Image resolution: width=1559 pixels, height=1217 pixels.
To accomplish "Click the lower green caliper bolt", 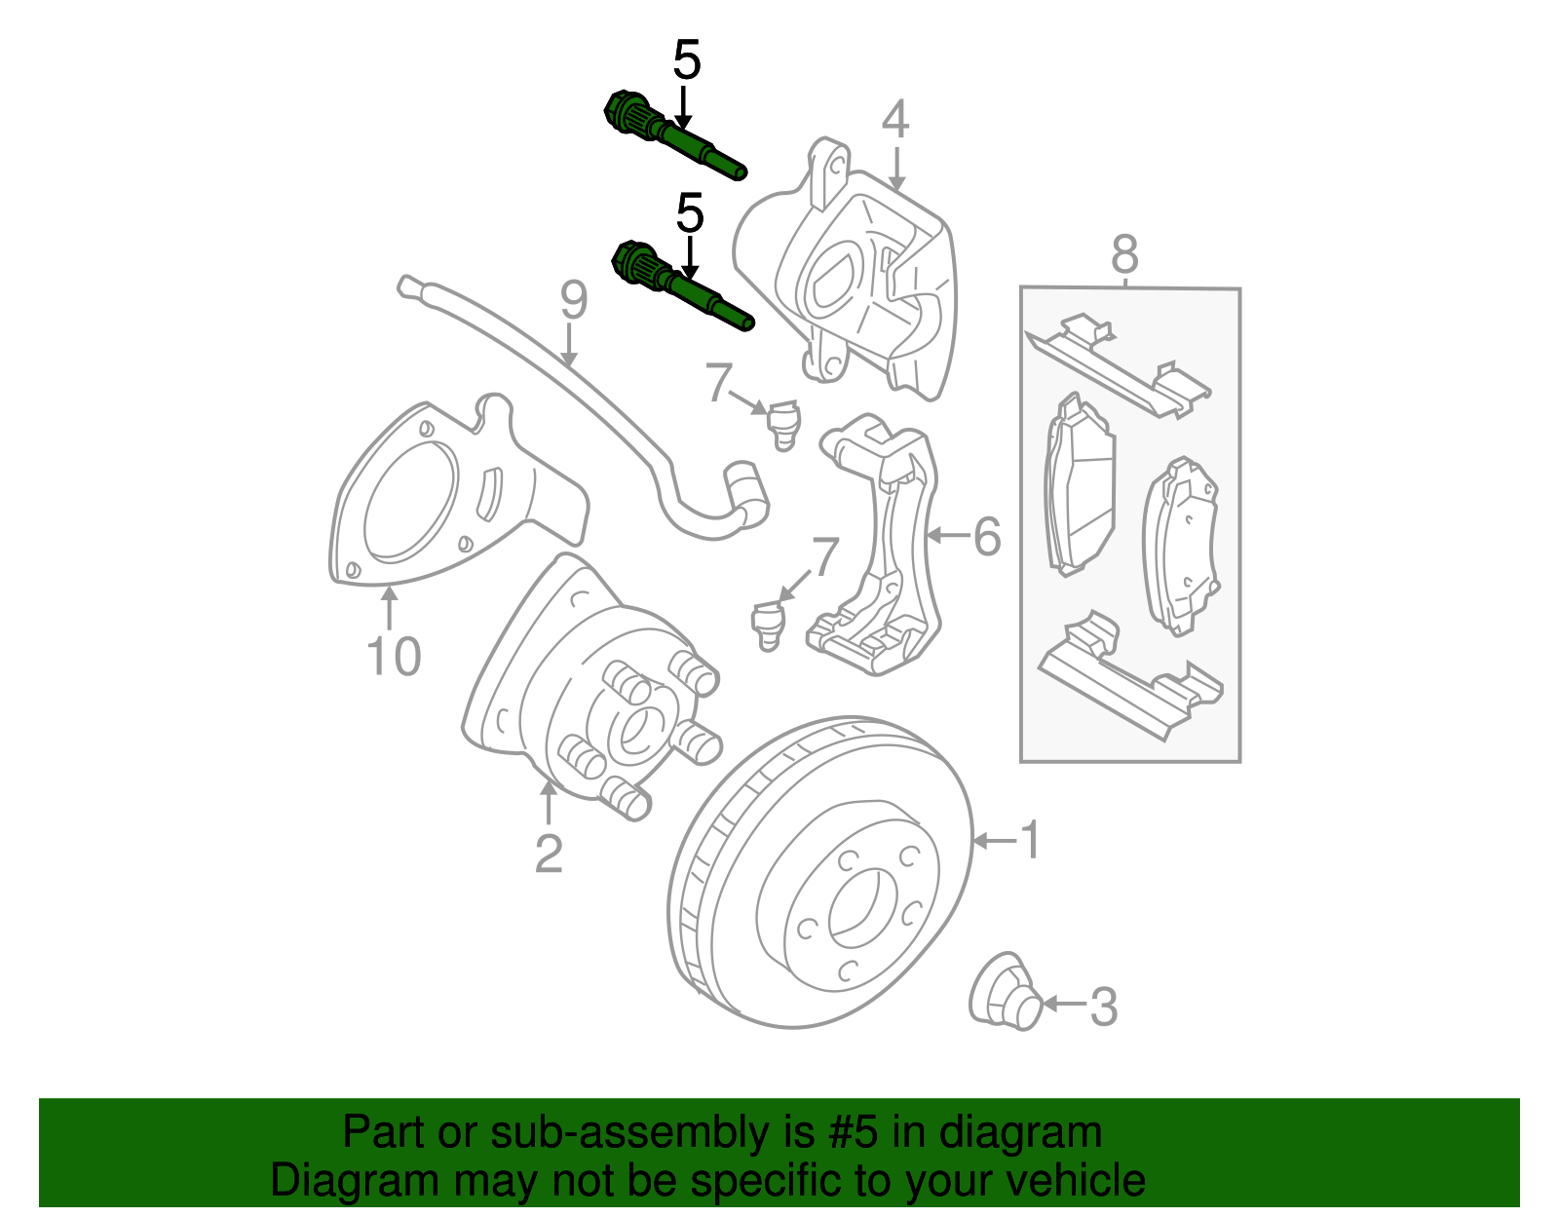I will [682, 288].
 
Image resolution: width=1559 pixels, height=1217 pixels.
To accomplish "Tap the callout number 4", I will [895, 121].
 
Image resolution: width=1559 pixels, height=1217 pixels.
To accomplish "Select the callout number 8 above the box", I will [1124, 255].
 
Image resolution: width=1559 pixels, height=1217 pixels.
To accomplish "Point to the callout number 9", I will [574, 301].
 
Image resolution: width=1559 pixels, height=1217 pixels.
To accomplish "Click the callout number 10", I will [394, 657].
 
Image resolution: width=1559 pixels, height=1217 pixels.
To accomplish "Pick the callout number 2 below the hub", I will [549, 854].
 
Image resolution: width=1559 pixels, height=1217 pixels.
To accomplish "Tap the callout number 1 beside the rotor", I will [1030, 840].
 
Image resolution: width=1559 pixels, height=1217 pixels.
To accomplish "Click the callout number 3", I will [1103, 1007].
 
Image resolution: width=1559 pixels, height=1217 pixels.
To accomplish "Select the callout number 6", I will [987, 536].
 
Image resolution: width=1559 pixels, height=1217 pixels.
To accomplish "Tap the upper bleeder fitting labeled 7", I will [781, 423].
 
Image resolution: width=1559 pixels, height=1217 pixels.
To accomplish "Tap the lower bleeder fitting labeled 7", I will [768, 625].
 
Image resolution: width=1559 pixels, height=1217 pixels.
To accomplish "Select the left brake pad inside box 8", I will [1080, 486].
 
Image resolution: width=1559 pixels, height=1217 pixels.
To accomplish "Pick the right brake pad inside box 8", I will [1181, 546].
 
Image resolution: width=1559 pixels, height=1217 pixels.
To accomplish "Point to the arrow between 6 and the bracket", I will [945, 535].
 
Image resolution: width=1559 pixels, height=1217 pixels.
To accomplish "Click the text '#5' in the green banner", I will [854, 1133].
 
